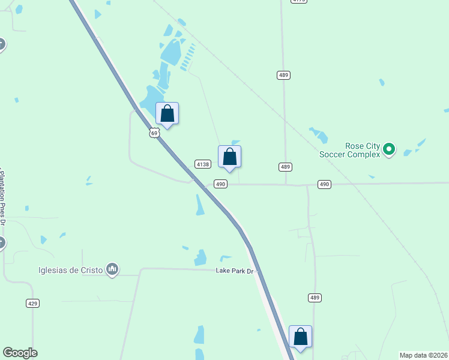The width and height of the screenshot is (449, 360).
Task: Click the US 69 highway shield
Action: point(154,133)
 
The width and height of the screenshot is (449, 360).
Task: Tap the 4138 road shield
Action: point(202,164)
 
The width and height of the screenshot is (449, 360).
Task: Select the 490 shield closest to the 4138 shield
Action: point(221,184)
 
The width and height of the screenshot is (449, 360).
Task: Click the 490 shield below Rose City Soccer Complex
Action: point(324,184)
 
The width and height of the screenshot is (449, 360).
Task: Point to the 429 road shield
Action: point(33,304)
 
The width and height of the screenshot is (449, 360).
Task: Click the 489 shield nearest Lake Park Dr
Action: point(315,298)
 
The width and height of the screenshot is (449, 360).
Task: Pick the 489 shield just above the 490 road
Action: point(285,167)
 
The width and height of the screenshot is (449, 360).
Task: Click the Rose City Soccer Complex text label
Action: point(362,150)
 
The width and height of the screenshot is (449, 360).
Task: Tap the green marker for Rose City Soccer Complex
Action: point(389,148)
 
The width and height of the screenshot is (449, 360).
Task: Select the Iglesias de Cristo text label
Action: point(71,270)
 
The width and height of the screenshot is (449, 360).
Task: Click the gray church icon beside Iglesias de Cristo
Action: point(112,270)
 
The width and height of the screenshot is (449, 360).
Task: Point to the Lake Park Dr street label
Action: point(236,271)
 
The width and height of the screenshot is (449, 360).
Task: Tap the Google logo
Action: point(20,353)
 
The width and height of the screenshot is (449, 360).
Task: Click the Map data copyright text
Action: point(423,355)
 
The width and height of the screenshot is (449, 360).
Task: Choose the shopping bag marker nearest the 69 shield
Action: point(167,113)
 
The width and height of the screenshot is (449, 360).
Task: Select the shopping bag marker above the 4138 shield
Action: point(229,157)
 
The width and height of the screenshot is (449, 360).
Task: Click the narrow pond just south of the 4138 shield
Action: point(199,205)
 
